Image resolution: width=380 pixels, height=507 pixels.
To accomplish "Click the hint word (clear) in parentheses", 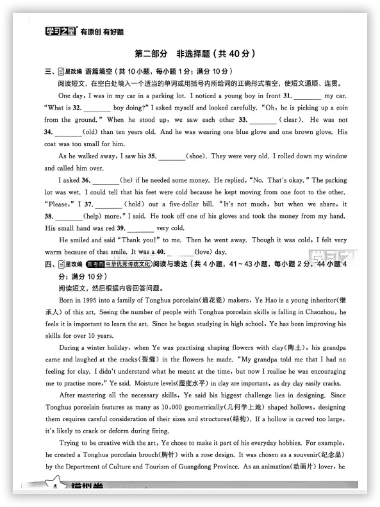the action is tap(290, 120).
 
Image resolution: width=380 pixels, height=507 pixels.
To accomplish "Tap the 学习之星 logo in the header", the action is tap(61, 30).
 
